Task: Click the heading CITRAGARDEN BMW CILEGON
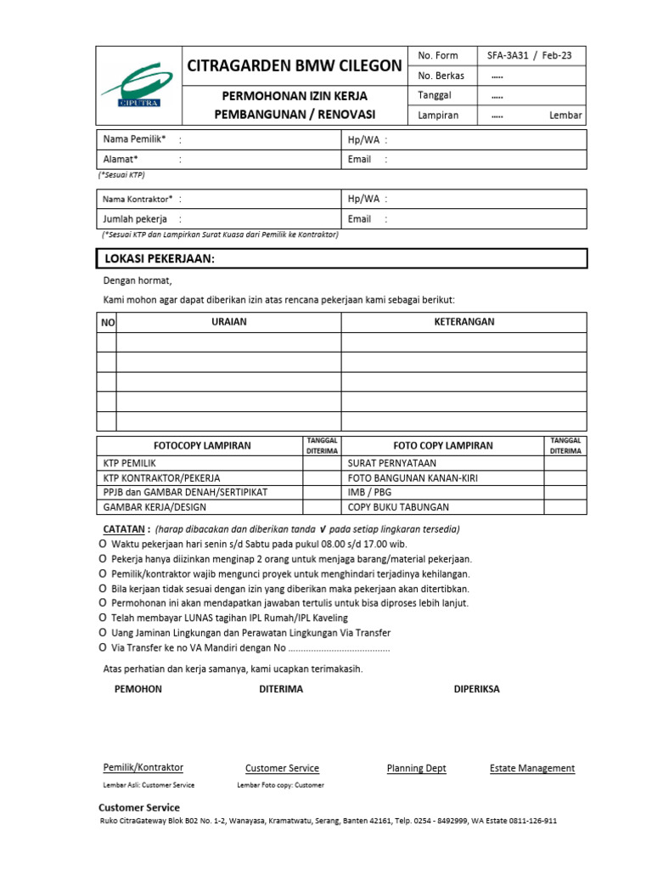(x=295, y=65)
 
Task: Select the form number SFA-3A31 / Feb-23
(x=529, y=56)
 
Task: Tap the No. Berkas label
(x=441, y=76)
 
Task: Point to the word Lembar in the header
(x=565, y=116)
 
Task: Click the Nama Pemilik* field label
(x=134, y=139)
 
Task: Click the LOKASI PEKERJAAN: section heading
(x=159, y=259)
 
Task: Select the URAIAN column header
(x=228, y=322)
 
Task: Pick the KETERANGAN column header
(x=464, y=322)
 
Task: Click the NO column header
(x=107, y=323)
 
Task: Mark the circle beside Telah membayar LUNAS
(x=103, y=618)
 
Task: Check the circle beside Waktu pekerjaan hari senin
(x=103, y=544)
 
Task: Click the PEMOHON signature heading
(x=138, y=689)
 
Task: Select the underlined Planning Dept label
(x=416, y=768)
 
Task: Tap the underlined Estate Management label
(x=531, y=768)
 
